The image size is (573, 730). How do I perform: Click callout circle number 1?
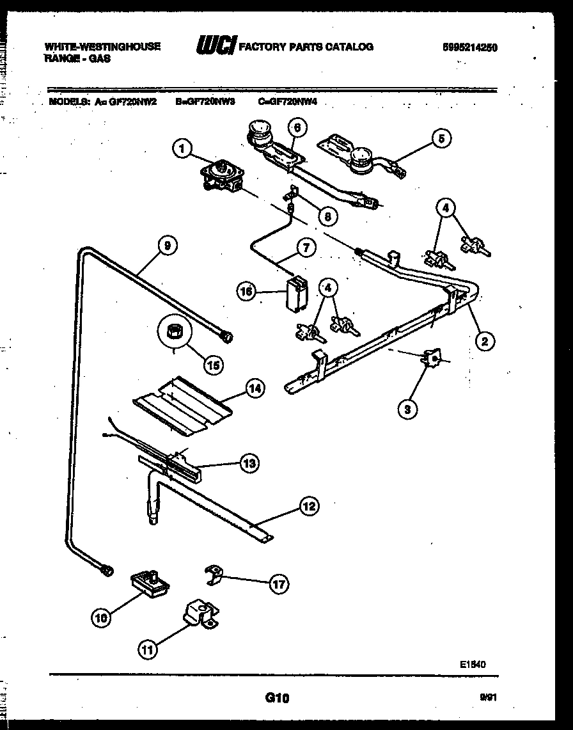pos(182,149)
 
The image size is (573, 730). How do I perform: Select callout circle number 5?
pos(441,138)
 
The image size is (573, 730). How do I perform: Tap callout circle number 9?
pos(167,244)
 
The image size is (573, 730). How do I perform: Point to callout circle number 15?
pos(213,365)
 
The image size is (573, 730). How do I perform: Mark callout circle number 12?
pos(308,507)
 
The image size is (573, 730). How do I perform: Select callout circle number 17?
pos(279,583)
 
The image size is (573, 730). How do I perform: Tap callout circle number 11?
pos(148,650)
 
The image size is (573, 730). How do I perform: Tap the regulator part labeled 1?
pos(221,175)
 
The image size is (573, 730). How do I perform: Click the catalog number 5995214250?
pos(470,47)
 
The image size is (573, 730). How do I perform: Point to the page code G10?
pos(277,699)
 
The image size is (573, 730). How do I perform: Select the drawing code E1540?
pos(473,665)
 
